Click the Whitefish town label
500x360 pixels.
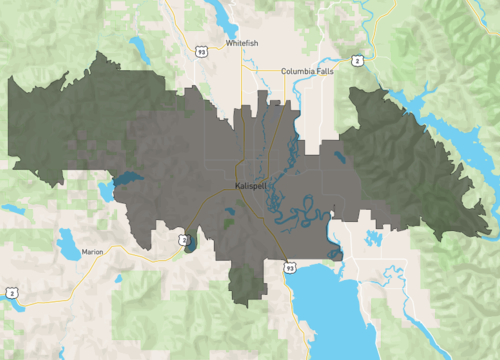(242, 45)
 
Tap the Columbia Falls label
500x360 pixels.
(306, 71)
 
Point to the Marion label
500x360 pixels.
(93, 253)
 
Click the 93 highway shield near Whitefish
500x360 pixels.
(202, 51)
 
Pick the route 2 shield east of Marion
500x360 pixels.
(183, 240)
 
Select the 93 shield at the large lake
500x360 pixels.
(289, 268)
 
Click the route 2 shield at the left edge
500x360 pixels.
(11, 292)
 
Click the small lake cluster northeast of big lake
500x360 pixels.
(374, 238)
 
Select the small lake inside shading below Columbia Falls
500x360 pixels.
(341, 156)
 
